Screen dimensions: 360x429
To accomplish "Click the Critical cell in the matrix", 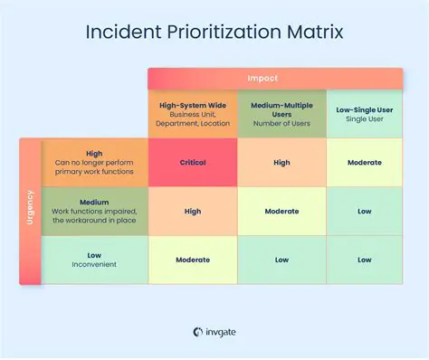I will (193, 163).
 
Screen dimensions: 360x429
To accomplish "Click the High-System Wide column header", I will (193, 114).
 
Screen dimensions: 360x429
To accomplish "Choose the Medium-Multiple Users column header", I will (281, 114).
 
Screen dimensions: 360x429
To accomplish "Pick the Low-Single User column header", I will (364, 114).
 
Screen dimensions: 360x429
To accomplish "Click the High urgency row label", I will (94, 163).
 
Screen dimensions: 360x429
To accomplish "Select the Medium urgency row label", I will (94, 212).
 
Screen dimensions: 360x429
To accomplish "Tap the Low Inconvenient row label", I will (94, 260).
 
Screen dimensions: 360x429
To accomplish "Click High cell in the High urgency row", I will (281, 163).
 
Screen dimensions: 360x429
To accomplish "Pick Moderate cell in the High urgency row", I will (364, 163).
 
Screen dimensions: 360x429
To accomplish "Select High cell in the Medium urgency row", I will (193, 212).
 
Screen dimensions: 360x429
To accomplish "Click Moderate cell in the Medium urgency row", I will (281, 212).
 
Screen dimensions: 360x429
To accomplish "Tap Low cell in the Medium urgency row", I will (364, 212).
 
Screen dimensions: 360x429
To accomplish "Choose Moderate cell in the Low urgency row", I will (193, 260).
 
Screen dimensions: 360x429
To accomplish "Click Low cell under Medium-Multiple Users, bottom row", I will (281, 260).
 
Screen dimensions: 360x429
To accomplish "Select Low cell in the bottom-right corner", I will (364, 260).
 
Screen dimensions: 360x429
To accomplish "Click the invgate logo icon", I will (196, 332).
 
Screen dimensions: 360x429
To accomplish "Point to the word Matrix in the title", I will (310, 33).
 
